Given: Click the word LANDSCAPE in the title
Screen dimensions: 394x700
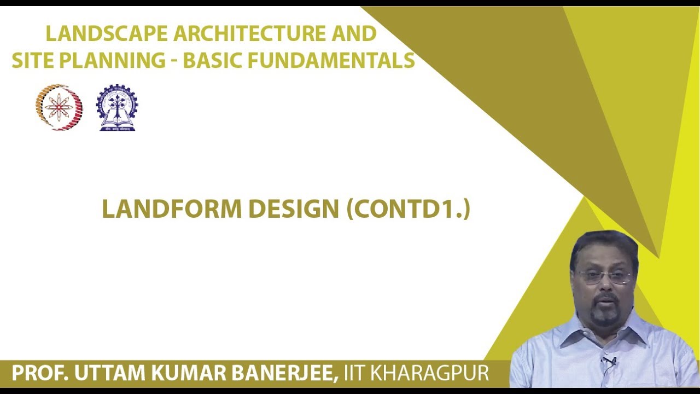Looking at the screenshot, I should (107, 34).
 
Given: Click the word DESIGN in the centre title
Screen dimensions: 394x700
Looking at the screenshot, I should (294, 209).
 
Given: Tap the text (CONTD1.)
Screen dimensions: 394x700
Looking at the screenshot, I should (408, 209).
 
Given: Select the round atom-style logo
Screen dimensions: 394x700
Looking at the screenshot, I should (59, 107).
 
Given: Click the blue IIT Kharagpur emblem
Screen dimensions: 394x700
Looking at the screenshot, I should (116, 107).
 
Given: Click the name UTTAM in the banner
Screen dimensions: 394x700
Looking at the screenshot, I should (104, 374).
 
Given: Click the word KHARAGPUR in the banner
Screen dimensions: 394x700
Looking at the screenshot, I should (429, 374).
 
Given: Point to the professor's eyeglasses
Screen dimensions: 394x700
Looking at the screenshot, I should (604, 277).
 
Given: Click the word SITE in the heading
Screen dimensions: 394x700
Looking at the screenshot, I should (33, 61).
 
